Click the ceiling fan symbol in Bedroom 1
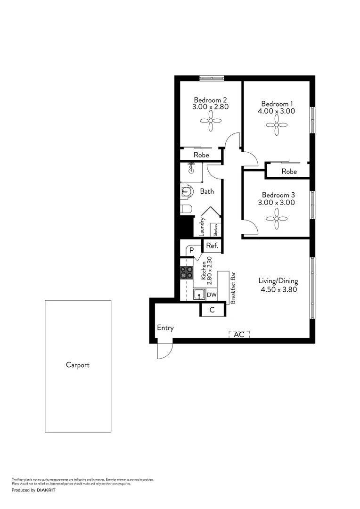pyautogui.click(x=276, y=125)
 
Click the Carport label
pyautogui.click(x=78, y=365)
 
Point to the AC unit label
pyautogui.click(x=239, y=335)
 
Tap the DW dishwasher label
pyautogui.click(x=212, y=296)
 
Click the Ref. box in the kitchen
pyautogui.click(x=211, y=246)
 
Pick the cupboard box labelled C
pyautogui.click(x=212, y=310)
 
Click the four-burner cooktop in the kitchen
pyautogui.click(x=187, y=272)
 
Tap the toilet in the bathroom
pyautogui.click(x=186, y=209)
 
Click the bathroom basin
pyautogui.click(x=186, y=191)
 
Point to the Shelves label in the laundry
pyautogui.click(x=216, y=230)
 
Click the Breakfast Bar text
pyautogui.click(x=232, y=287)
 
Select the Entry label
pyautogui.click(x=165, y=328)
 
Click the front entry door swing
pyautogui.click(x=165, y=350)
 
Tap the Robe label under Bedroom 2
pyautogui.click(x=201, y=155)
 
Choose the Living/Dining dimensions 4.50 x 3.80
pyautogui.click(x=278, y=290)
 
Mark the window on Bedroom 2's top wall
pyautogui.click(x=211, y=78)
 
